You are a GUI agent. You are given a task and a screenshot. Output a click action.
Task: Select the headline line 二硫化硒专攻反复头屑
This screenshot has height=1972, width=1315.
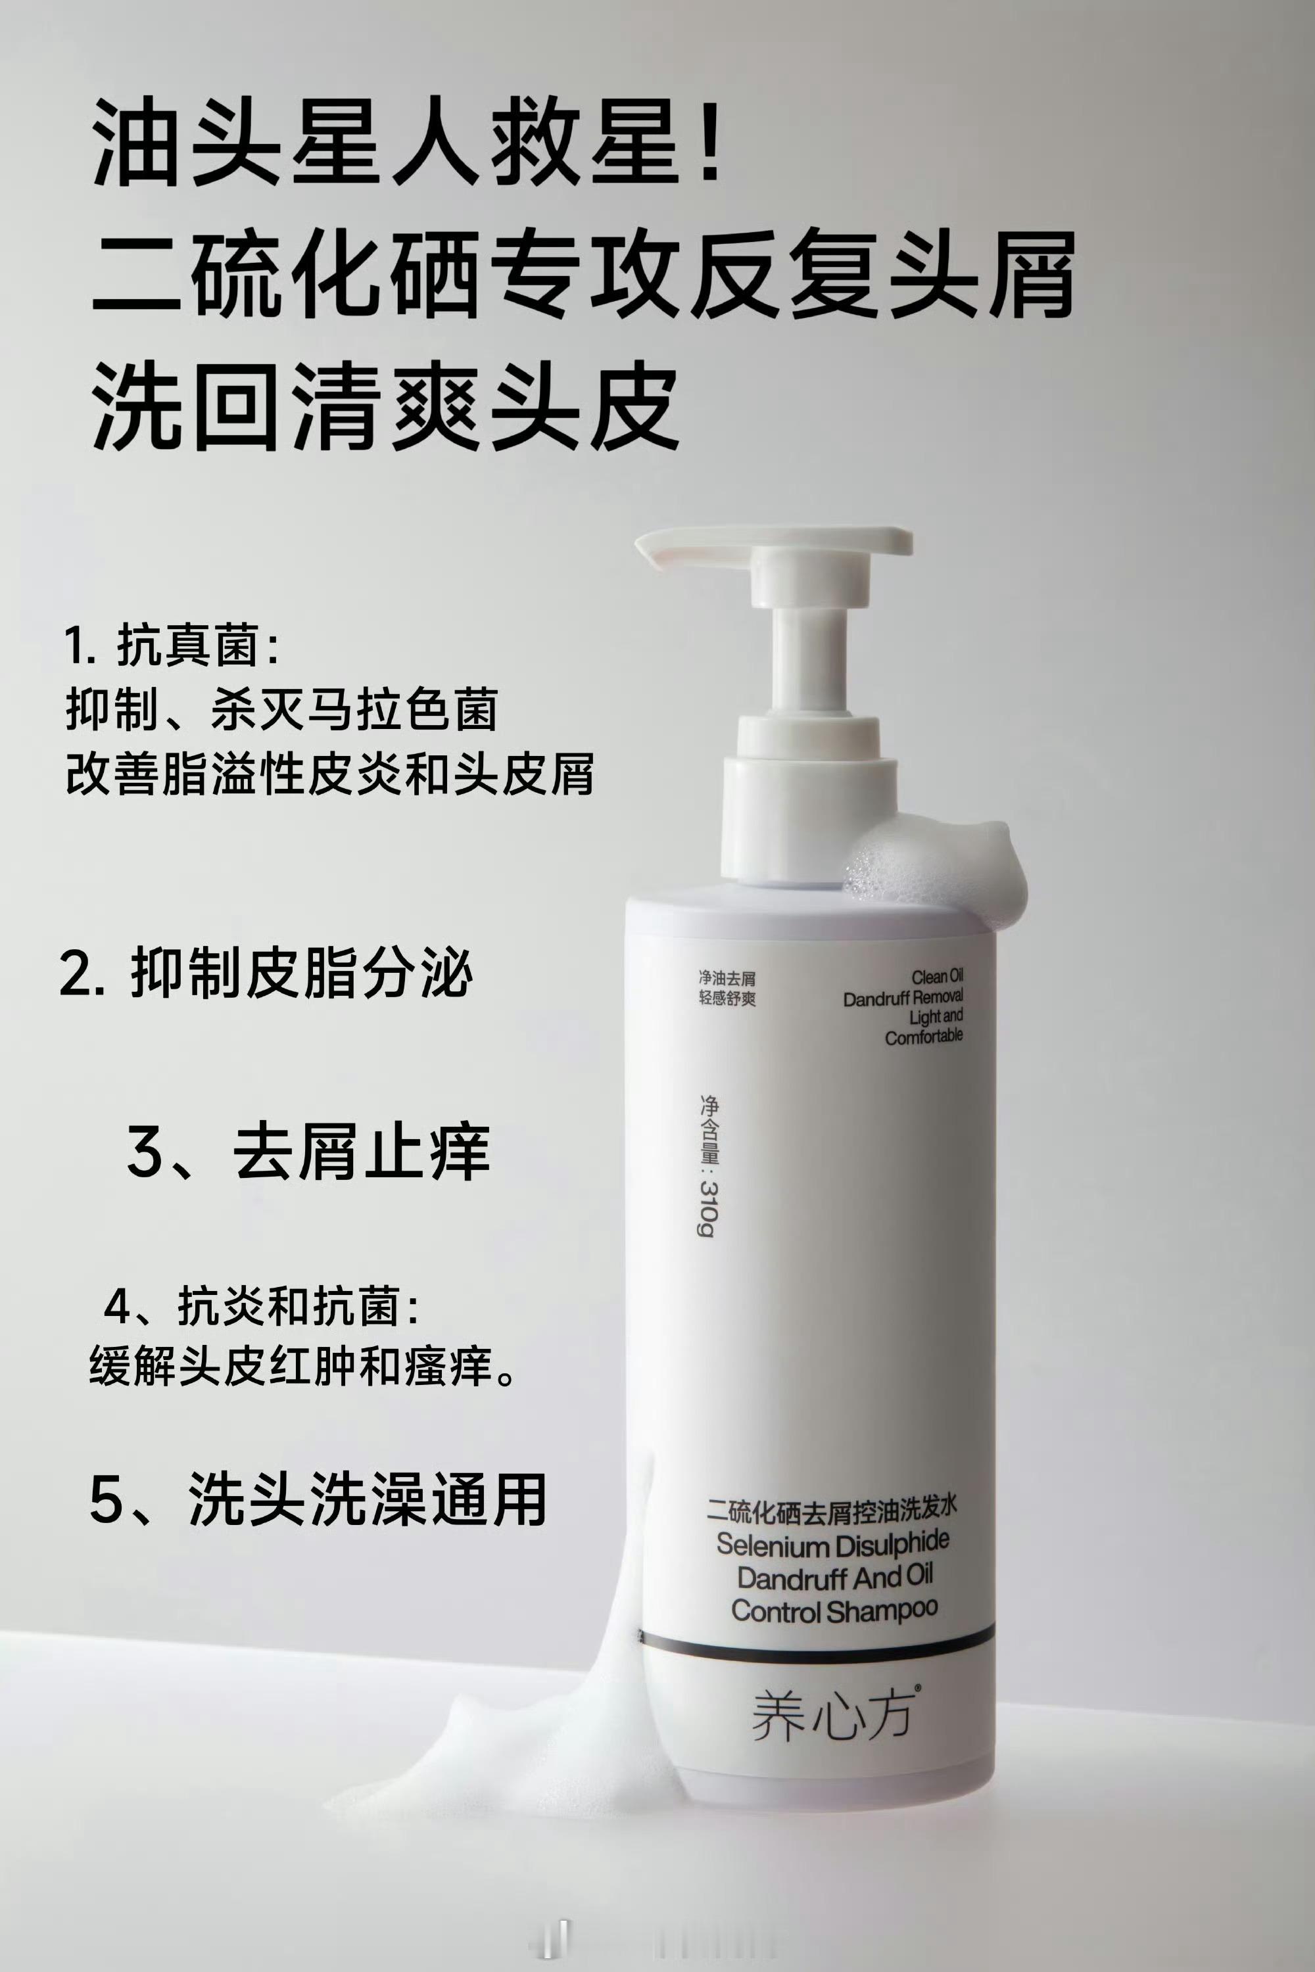(x=584, y=274)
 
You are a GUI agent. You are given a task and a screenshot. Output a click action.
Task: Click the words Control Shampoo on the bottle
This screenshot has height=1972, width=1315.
(x=834, y=1610)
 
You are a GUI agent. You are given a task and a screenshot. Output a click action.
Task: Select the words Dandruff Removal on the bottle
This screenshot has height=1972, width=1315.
(x=902, y=998)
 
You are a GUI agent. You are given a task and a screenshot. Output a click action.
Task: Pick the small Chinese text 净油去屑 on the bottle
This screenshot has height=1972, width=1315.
(x=727, y=977)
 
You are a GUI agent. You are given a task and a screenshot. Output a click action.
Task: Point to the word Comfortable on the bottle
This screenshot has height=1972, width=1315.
(x=923, y=1037)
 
